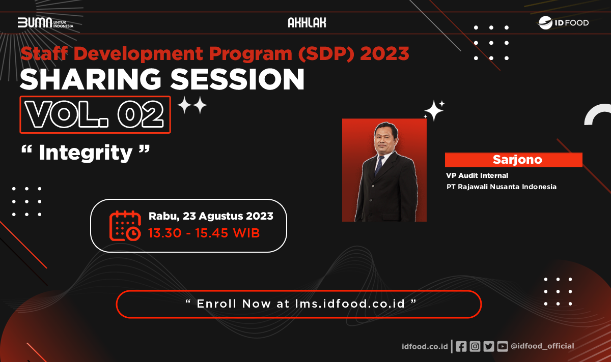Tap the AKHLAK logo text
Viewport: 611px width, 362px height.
click(x=307, y=23)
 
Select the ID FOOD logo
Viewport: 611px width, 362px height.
click(x=564, y=22)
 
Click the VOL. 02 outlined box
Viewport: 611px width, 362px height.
click(x=95, y=115)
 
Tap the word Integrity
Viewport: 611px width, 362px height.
click(x=86, y=153)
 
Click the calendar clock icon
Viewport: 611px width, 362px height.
click(x=125, y=225)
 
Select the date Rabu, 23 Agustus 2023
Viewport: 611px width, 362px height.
click(x=211, y=216)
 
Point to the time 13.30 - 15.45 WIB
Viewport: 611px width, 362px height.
click(x=204, y=233)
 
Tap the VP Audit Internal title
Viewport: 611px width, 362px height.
click(x=477, y=175)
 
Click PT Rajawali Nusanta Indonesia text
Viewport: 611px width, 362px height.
click(x=501, y=187)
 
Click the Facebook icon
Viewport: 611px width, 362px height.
click(x=461, y=346)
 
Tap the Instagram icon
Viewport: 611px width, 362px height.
click(x=475, y=346)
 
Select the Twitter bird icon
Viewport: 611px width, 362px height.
click(x=489, y=346)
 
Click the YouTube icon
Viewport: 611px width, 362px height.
click(x=503, y=346)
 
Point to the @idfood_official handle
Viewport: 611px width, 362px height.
click(x=542, y=346)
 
